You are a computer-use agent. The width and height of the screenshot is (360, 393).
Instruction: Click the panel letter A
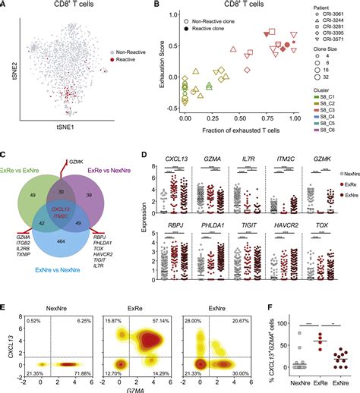[5, 5]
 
